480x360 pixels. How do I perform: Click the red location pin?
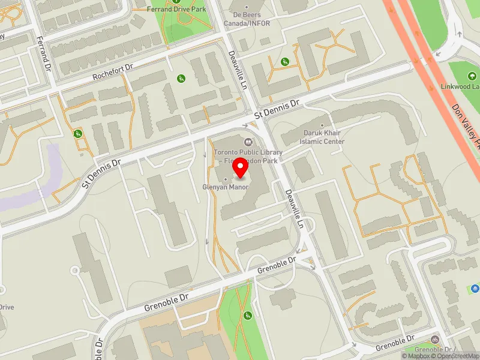point(241,169)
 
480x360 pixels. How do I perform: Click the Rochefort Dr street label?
point(111,74)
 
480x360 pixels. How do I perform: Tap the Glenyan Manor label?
point(225,187)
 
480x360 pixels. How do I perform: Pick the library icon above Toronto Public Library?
point(249,142)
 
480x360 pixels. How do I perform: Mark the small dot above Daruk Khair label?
point(322,125)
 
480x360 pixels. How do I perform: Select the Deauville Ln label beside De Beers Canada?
point(238,70)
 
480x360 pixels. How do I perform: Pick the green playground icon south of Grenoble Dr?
point(247,316)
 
